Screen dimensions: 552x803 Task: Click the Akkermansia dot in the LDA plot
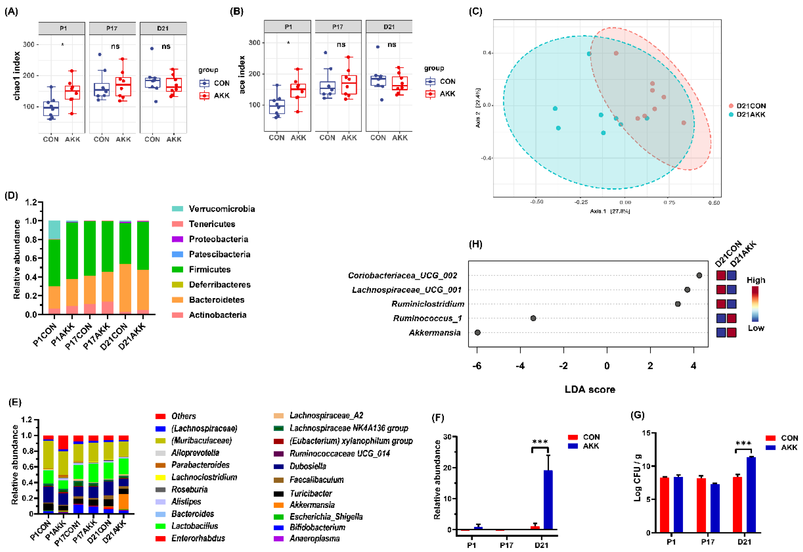coord(477,333)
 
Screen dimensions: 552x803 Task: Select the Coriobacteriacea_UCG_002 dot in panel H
coord(699,276)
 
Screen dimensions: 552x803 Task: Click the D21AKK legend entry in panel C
coord(750,114)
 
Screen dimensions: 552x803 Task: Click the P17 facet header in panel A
coord(112,28)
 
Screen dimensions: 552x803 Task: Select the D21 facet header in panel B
coord(389,27)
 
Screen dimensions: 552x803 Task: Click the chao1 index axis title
coord(17,76)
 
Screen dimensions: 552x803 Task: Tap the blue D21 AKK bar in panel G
coord(751,495)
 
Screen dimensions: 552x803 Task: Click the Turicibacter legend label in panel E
coord(310,493)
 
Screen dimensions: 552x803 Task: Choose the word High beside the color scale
coord(756,280)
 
